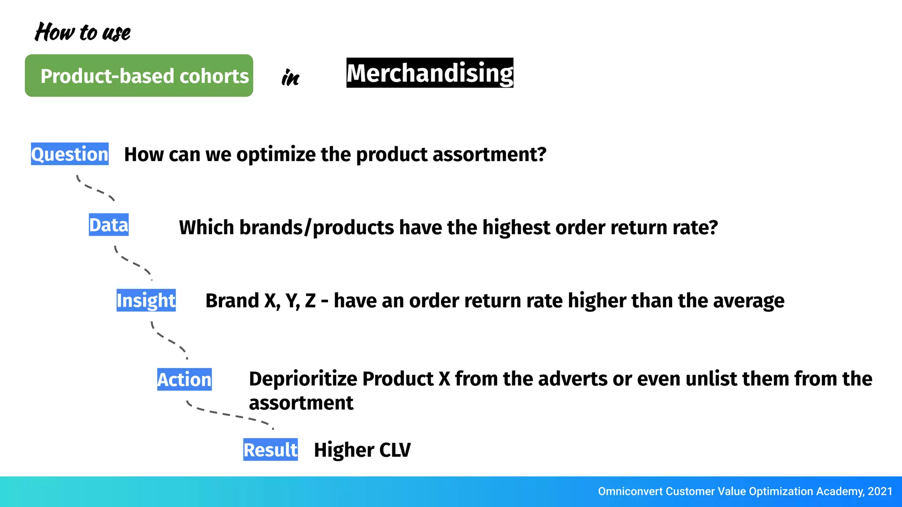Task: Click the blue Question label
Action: pos(70,154)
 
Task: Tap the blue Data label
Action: pos(109,225)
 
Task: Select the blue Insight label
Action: pos(146,300)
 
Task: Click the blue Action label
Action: pos(184,379)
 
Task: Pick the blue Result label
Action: pos(270,450)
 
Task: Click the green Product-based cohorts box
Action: pos(139,76)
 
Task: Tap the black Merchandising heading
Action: pos(430,73)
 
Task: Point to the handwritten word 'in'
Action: pos(290,78)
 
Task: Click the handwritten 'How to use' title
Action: pos(83,33)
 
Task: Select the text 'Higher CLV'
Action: pos(362,450)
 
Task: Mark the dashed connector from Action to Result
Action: pos(229,415)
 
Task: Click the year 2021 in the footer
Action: pos(880,492)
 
